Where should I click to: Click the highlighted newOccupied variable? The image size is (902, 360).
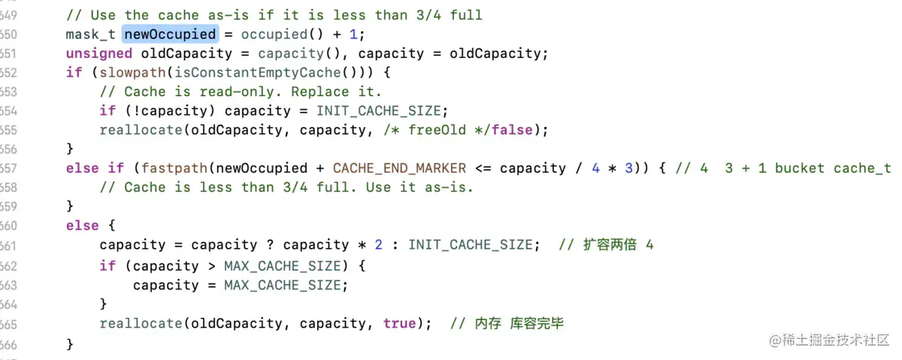coord(170,34)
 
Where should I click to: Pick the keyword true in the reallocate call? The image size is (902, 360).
coord(399,323)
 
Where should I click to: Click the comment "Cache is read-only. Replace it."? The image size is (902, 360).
coord(241,92)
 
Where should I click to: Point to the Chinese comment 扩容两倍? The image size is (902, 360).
coord(601,246)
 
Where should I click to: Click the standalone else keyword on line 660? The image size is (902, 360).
coord(82,226)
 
